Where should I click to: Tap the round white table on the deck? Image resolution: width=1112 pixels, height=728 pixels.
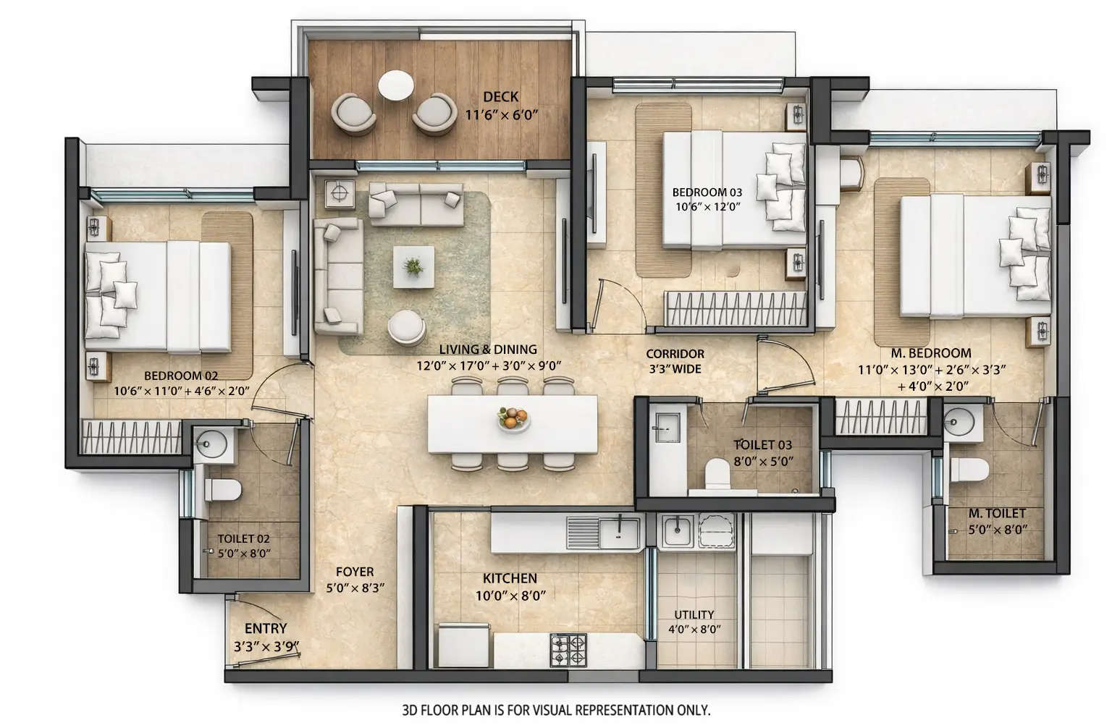(396, 85)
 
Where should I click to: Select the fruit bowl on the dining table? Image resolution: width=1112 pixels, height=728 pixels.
(513, 418)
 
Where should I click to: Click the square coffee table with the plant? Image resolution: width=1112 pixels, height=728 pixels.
(413, 267)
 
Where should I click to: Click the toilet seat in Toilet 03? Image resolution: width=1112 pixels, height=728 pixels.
(719, 473)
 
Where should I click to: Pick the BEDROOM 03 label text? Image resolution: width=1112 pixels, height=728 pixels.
(707, 192)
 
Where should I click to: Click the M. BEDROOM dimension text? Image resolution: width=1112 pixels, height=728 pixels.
(931, 378)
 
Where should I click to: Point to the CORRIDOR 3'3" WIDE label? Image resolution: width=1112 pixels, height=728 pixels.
(675, 361)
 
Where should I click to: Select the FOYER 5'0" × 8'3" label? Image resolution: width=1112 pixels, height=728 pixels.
(355, 580)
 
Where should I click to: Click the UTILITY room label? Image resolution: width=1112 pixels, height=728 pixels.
(694, 622)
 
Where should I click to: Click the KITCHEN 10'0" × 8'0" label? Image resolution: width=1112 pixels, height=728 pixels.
(510, 587)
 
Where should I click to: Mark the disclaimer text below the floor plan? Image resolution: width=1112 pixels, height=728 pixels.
(555, 710)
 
